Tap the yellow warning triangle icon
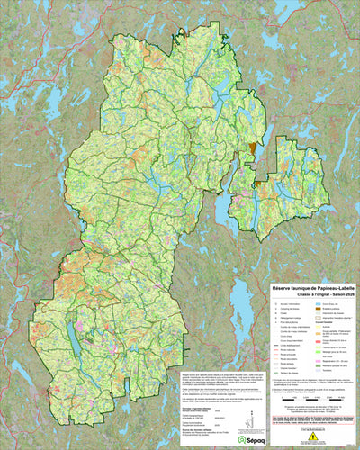[312, 436]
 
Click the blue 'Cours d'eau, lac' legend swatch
[318, 304]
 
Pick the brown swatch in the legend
[318, 309]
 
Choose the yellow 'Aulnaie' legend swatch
[318, 326]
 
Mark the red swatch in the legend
[318, 341]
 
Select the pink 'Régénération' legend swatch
[318, 361]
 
